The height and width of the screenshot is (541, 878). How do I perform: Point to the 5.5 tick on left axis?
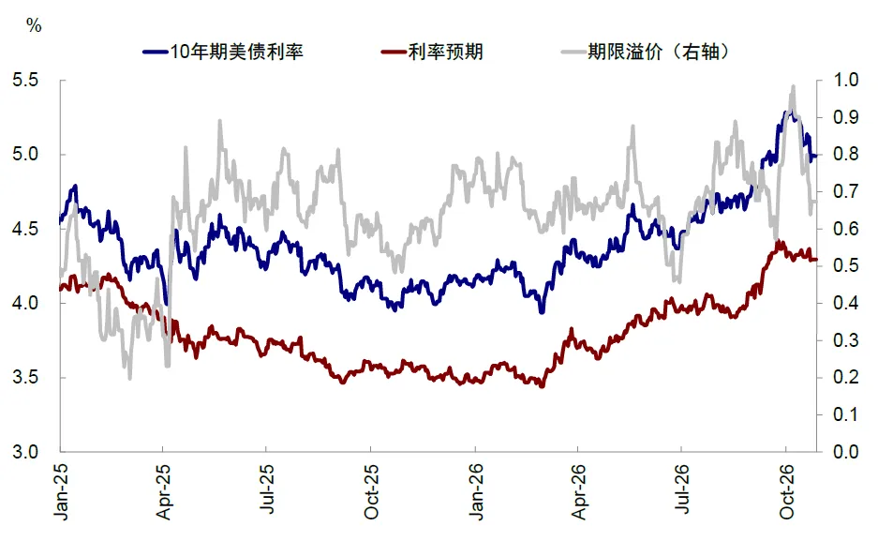tap(25, 80)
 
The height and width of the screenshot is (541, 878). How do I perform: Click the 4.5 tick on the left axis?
tap(25, 229)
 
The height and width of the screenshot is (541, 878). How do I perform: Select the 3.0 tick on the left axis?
tap(25, 451)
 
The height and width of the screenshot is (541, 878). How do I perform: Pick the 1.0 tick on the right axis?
tap(845, 80)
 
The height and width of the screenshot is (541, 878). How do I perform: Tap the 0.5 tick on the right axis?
tap(845, 265)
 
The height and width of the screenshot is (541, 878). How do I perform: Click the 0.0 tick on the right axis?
tap(845, 451)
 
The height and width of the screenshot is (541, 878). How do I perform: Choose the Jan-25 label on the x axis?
tap(61, 491)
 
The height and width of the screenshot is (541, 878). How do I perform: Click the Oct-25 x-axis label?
tap(371, 491)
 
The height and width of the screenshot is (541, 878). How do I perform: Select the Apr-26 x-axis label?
tap(578, 491)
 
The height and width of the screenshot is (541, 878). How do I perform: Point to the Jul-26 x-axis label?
tap(681, 488)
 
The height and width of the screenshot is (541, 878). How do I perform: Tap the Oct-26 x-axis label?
tap(786, 491)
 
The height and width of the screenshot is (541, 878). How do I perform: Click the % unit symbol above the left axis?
tap(34, 25)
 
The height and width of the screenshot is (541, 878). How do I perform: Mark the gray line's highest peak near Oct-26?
tap(793, 87)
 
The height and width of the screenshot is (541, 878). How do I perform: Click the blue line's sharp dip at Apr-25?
tap(166, 303)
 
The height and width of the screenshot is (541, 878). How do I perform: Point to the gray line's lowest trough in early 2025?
tap(130, 378)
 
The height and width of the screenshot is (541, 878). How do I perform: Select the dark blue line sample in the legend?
tap(156, 53)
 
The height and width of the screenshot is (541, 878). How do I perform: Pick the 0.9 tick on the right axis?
tap(845, 117)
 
